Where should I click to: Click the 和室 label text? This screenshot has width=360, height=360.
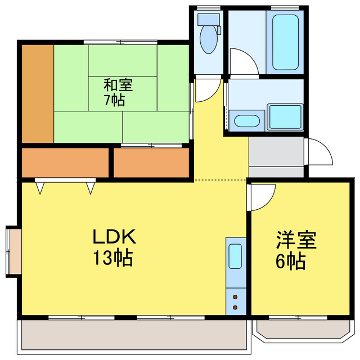(x=118, y=86)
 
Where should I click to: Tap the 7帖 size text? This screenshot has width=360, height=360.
(x=114, y=101)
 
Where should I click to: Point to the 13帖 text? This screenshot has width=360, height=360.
(x=112, y=258)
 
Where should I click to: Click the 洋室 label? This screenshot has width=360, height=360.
(x=295, y=241)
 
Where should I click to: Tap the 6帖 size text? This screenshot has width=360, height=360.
(x=291, y=261)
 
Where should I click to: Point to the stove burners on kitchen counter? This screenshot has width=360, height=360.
(x=236, y=303)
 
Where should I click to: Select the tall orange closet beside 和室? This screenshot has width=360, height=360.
(x=38, y=93)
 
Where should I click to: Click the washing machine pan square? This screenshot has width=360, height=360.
(x=285, y=116)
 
